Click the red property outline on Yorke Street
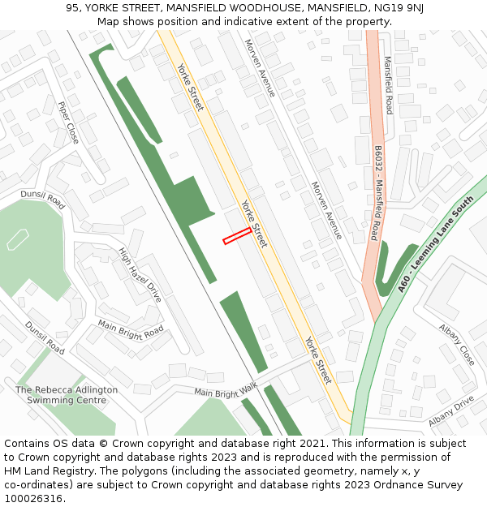pyautogui.click(x=236, y=235)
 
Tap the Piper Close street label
pyautogui.click(x=68, y=122)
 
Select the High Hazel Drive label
pyautogui.click(x=140, y=275)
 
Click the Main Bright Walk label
pyautogui.click(x=225, y=391)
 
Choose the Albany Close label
pyautogui.click(x=456, y=345)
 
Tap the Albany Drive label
pyautogui.click(x=450, y=412)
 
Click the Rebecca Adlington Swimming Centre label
pyautogui.click(x=67, y=395)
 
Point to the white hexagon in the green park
pyautogui.click(x=17, y=238)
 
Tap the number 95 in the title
pyautogui.click(x=72, y=8)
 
